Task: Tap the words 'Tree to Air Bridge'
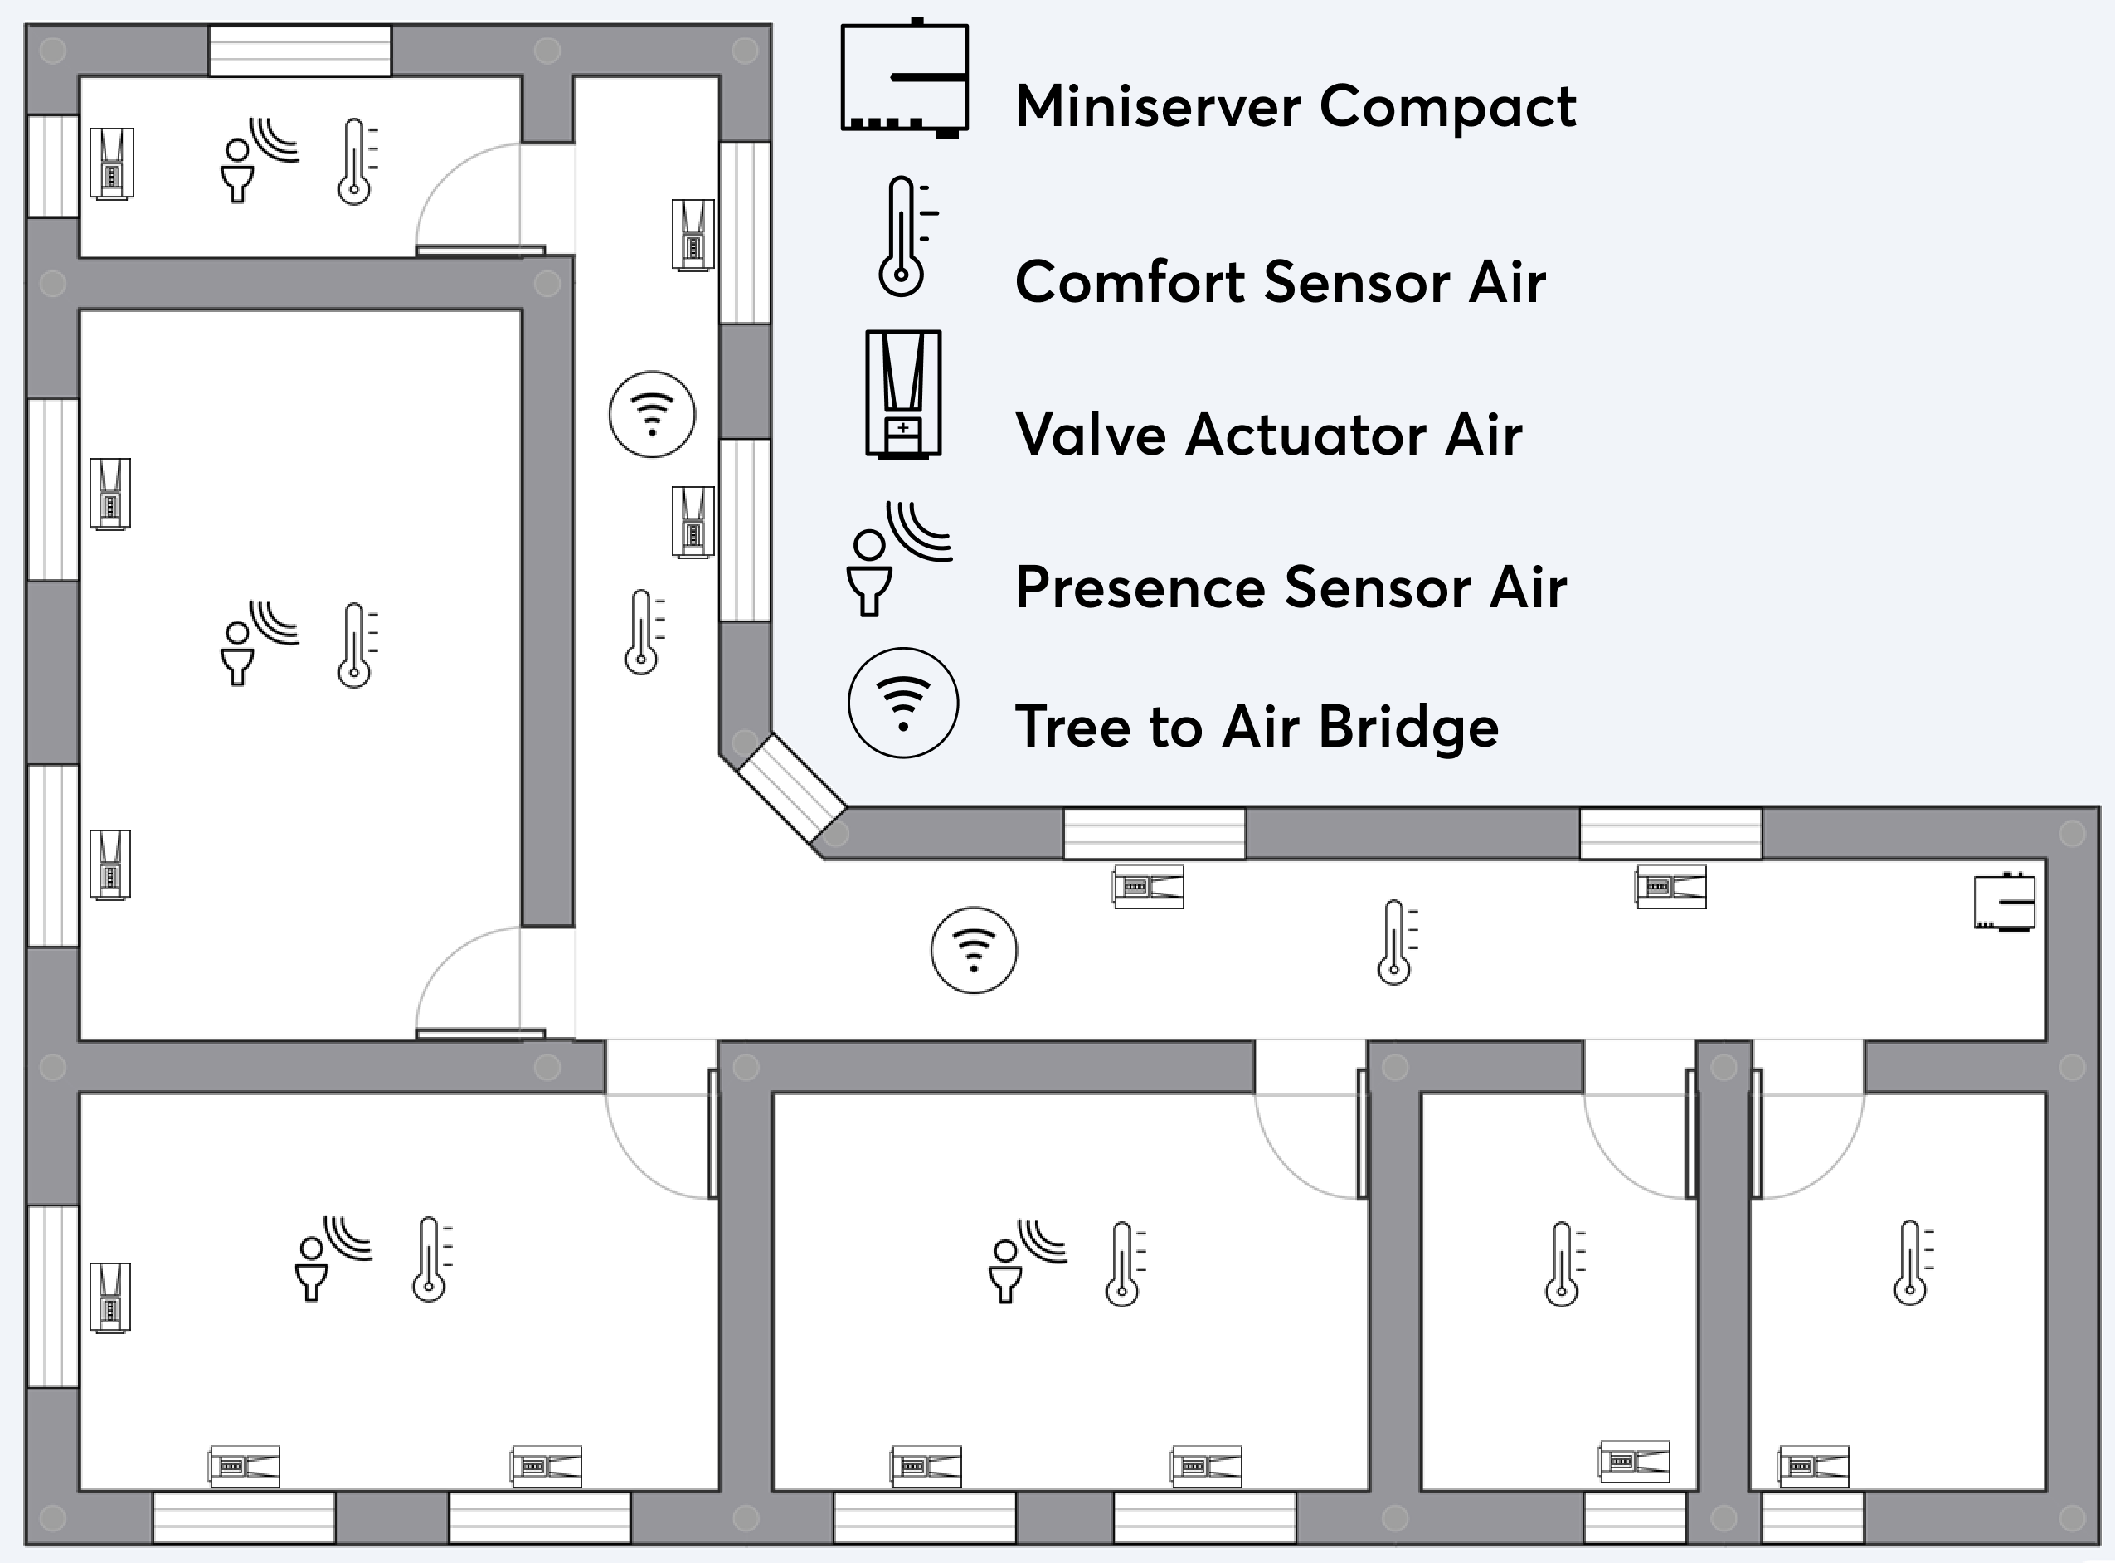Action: coord(1256,727)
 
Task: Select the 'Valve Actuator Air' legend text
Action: coord(1267,436)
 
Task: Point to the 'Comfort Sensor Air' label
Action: coord(1280,282)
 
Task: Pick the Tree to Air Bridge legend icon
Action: coord(902,703)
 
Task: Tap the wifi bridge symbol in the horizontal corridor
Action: coord(974,950)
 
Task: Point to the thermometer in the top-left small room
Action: coord(355,161)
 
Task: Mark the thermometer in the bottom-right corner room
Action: coord(1911,1262)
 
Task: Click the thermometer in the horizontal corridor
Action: coord(1395,942)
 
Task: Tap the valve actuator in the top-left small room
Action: coord(112,163)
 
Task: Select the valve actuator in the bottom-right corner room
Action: coord(1812,1467)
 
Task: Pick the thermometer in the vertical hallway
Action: coord(642,631)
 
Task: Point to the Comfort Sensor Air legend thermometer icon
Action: coord(903,236)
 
